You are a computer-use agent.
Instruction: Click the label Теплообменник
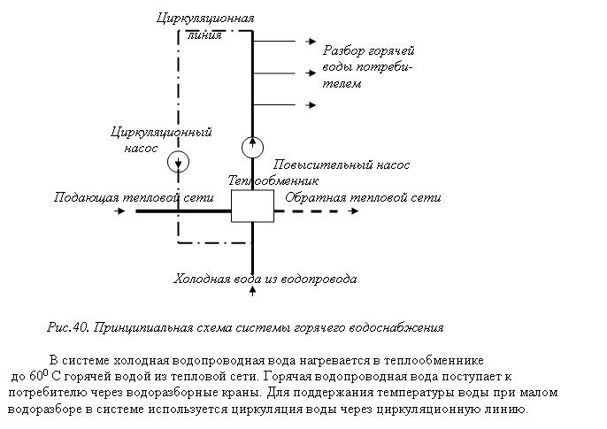click(x=273, y=180)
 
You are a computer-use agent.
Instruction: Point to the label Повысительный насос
click(x=341, y=165)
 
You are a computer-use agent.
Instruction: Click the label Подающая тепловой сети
click(x=134, y=197)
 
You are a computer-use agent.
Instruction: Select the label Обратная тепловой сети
click(x=363, y=197)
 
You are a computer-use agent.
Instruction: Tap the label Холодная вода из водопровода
click(x=265, y=279)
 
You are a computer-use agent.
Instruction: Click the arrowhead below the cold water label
click(x=252, y=289)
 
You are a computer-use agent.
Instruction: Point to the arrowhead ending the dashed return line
click(x=354, y=211)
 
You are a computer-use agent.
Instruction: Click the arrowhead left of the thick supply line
click(x=120, y=211)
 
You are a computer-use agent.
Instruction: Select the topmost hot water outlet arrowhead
click(x=311, y=41)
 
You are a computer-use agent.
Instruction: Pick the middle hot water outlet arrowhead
click(x=311, y=73)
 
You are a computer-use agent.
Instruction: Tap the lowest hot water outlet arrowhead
click(x=311, y=105)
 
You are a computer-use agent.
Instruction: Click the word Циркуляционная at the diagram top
click(x=205, y=19)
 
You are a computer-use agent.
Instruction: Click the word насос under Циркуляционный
click(x=141, y=149)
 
